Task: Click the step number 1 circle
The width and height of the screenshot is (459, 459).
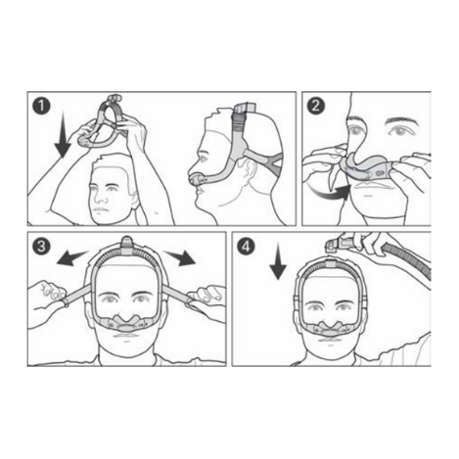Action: coord(41,106)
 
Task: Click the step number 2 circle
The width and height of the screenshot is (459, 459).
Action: coord(316,106)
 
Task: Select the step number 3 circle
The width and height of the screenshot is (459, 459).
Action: coord(41,246)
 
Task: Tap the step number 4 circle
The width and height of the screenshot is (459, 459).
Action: coord(246,246)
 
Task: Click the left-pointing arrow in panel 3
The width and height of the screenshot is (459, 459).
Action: coord(71,257)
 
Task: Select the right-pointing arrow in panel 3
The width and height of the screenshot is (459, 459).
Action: coord(179,257)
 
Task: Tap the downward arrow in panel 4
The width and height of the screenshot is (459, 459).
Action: coord(278,261)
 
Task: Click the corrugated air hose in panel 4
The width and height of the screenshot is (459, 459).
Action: coord(408,258)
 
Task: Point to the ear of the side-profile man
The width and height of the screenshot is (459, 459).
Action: coord(249,168)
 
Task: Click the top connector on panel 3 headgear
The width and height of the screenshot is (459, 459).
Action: coord(127,244)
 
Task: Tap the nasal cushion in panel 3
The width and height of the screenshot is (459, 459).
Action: coord(127,321)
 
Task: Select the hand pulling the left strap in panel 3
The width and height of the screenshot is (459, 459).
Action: coord(49,297)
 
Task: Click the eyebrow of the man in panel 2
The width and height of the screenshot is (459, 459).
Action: coord(402,121)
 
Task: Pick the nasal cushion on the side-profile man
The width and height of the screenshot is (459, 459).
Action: coord(198,179)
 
